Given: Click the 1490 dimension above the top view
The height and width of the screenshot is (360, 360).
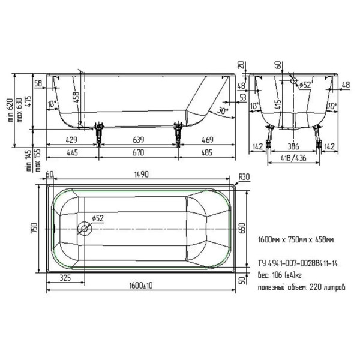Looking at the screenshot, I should [x=141, y=175].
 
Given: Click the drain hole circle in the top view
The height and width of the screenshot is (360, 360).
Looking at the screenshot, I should [x=85, y=228].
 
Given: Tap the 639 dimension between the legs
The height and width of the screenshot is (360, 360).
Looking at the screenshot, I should [x=138, y=140].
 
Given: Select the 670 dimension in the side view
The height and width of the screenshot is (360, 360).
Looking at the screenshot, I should [x=138, y=153].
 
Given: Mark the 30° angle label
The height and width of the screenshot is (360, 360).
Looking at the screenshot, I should [x=223, y=111].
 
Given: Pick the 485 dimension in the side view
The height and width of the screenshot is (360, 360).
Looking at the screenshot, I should [x=206, y=153].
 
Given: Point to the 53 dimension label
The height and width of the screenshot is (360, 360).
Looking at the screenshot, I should [x=242, y=97].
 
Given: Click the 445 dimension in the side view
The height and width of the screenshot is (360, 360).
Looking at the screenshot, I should [x=72, y=153].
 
